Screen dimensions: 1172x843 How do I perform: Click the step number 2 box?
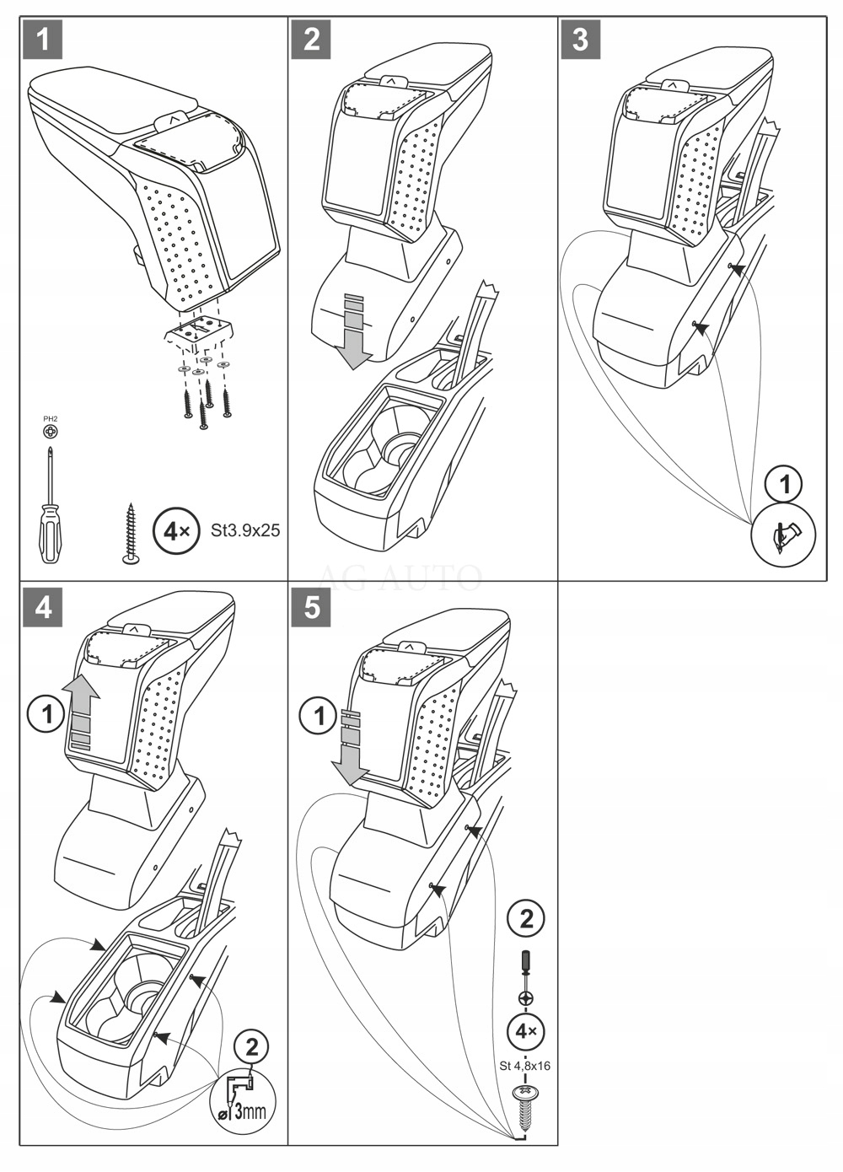tap(311, 40)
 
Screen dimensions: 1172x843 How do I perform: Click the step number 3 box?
tap(580, 40)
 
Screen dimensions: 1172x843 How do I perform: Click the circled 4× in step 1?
tap(177, 530)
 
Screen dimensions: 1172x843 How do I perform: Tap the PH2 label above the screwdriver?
tap(51, 418)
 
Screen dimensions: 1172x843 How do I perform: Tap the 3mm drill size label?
tap(249, 1110)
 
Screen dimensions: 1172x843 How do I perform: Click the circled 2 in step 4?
tap(251, 1048)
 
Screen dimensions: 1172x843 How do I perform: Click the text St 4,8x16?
tap(524, 1066)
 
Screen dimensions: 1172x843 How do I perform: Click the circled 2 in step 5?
tap(526, 918)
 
